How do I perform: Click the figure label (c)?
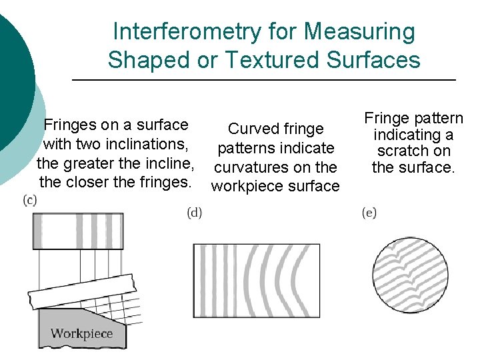(30, 200)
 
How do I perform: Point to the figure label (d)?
(195, 213)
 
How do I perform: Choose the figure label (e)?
(369, 213)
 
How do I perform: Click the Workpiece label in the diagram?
(81, 333)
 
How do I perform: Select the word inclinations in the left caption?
(149, 144)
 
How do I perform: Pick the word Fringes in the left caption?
(69, 125)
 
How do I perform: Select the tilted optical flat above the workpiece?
(83, 294)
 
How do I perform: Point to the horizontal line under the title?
(263, 81)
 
